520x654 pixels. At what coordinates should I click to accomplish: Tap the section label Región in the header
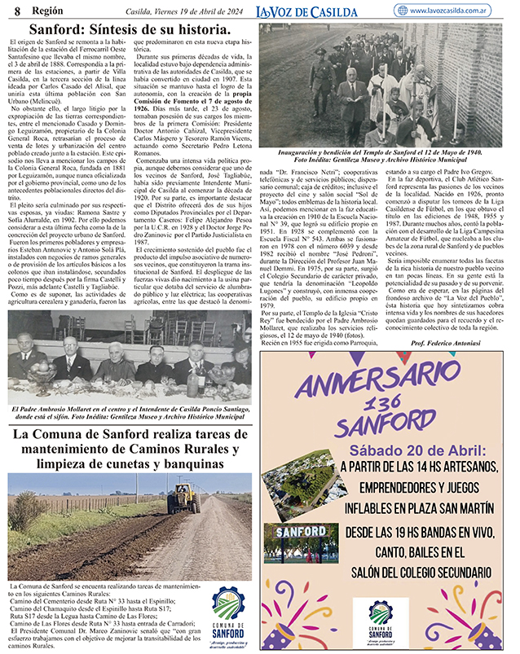[40, 11]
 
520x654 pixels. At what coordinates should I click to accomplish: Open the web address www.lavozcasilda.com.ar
[460, 11]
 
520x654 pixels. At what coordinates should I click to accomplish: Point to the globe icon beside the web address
[402, 11]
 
